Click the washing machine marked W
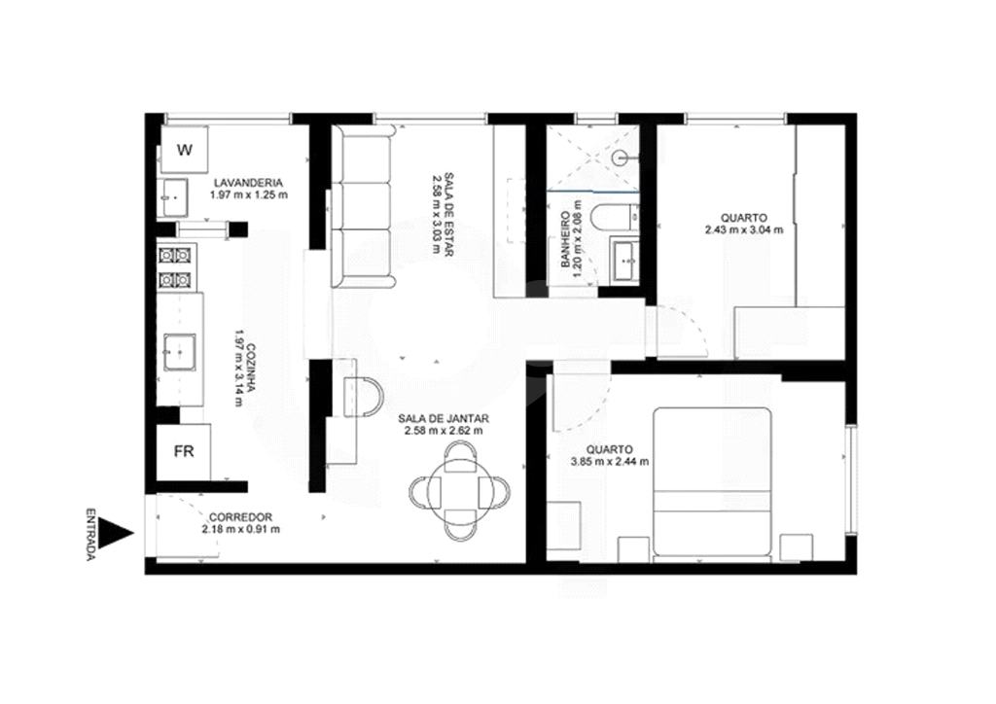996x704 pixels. click(184, 149)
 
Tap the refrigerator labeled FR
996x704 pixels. click(184, 452)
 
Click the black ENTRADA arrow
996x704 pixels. click(117, 534)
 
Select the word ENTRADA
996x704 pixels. click(90, 534)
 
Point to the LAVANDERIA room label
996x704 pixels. click(248, 184)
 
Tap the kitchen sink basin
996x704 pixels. click(180, 352)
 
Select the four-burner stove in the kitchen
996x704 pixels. click(176, 267)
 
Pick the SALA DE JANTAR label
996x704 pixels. click(444, 419)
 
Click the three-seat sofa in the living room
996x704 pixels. click(363, 207)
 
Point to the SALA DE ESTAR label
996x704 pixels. click(448, 213)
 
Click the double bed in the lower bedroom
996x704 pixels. click(712, 484)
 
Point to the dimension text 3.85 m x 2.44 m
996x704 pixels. click(610, 462)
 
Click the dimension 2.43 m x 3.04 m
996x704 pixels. click(744, 229)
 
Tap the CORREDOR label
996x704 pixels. click(241, 517)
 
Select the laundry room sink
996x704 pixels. click(173, 197)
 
